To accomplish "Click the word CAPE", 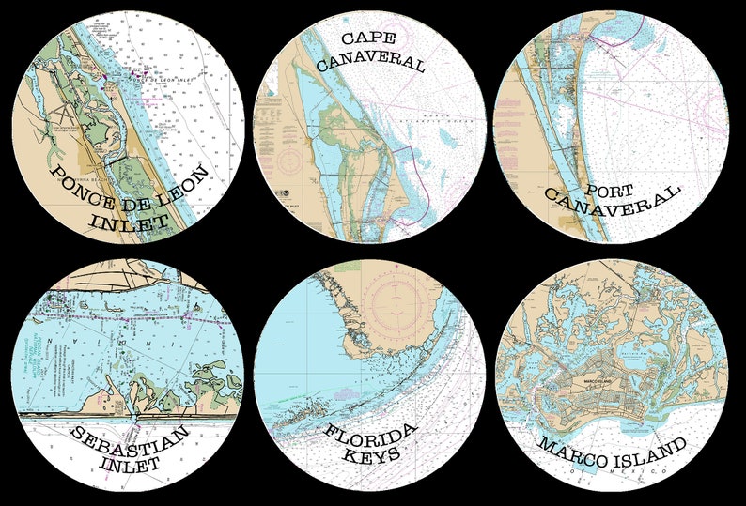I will pos(366,38).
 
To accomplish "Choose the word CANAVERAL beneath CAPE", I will pos(370,63).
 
